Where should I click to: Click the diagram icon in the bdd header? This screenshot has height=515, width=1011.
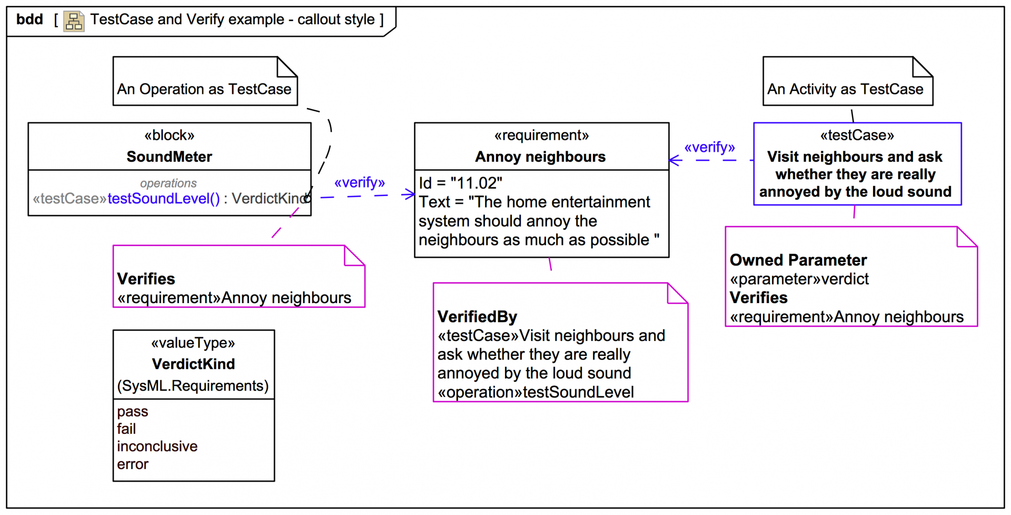pyautogui.click(x=74, y=21)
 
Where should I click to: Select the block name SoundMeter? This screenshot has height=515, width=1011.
pyautogui.click(x=169, y=157)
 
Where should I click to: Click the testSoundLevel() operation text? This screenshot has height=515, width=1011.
pyautogui.click(x=163, y=199)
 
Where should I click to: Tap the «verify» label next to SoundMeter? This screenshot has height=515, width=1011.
pyautogui.click(x=360, y=182)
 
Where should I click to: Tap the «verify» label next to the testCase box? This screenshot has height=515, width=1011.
pyautogui.click(x=709, y=147)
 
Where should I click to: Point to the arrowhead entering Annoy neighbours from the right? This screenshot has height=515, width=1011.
pyautogui.click(x=675, y=160)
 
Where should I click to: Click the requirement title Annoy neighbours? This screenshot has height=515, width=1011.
pyautogui.click(x=540, y=157)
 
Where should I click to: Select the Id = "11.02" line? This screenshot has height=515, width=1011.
pyautogui.click(x=460, y=183)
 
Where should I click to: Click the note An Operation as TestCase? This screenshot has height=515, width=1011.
pyautogui.click(x=204, y=89)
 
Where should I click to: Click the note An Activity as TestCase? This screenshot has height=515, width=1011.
pyautogui.click(x=845, y=89)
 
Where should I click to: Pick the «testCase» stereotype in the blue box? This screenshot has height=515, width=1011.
pyautogui.click(x=857, y=135)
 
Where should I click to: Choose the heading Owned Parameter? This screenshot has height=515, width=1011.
pyautogui.click(x=798, y=260)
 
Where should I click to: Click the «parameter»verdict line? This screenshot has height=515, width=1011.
pyautogui.click(x=799, y=279)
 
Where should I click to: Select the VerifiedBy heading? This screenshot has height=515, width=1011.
pyautogui.click(x=477, y=316)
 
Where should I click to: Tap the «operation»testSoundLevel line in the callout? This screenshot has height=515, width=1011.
pyautogui.click(x=536, y=392)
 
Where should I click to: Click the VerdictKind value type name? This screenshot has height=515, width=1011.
pyautogui.click(x=193, y=364)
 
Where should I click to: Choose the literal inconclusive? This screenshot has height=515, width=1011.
pyautogui.click(x=157, y=446)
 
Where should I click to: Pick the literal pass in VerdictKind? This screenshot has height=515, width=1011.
pyautogui.click(x=132, y=411)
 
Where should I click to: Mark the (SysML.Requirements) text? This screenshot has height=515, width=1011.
pyautogui.click(x=193, y=386)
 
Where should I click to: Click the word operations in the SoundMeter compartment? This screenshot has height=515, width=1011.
pyautogui.click(x=168, y=183)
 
